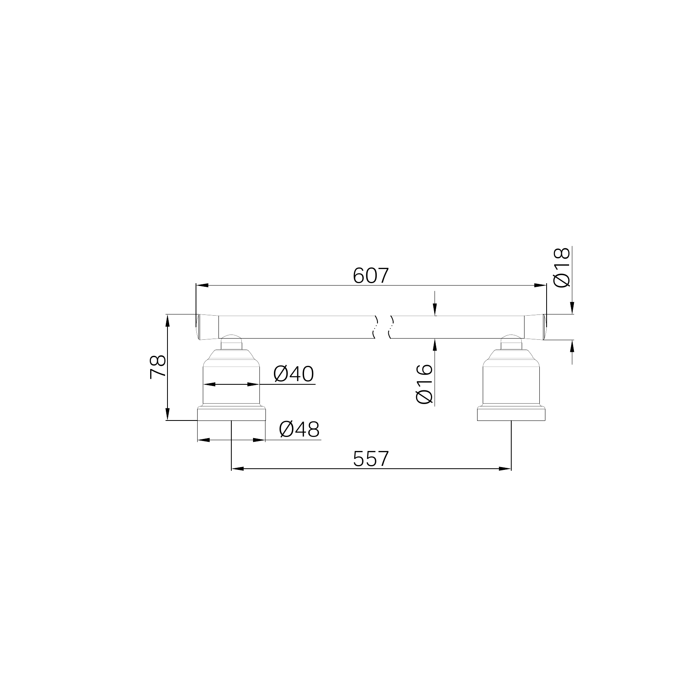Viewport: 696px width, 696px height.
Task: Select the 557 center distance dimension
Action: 371,459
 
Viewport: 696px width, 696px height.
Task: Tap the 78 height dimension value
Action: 158,367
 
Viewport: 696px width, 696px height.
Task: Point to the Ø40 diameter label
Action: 293,374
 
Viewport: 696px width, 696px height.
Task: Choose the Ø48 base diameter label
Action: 299,430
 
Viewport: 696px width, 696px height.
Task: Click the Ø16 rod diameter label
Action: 425,384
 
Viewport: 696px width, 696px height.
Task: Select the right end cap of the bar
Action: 535,327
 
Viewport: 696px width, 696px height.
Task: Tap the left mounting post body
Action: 231,382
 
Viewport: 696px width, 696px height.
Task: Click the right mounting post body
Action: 511,382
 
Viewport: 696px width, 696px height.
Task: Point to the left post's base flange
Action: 231,414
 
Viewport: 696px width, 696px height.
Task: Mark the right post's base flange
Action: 511,414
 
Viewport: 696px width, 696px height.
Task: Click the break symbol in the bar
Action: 384,327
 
